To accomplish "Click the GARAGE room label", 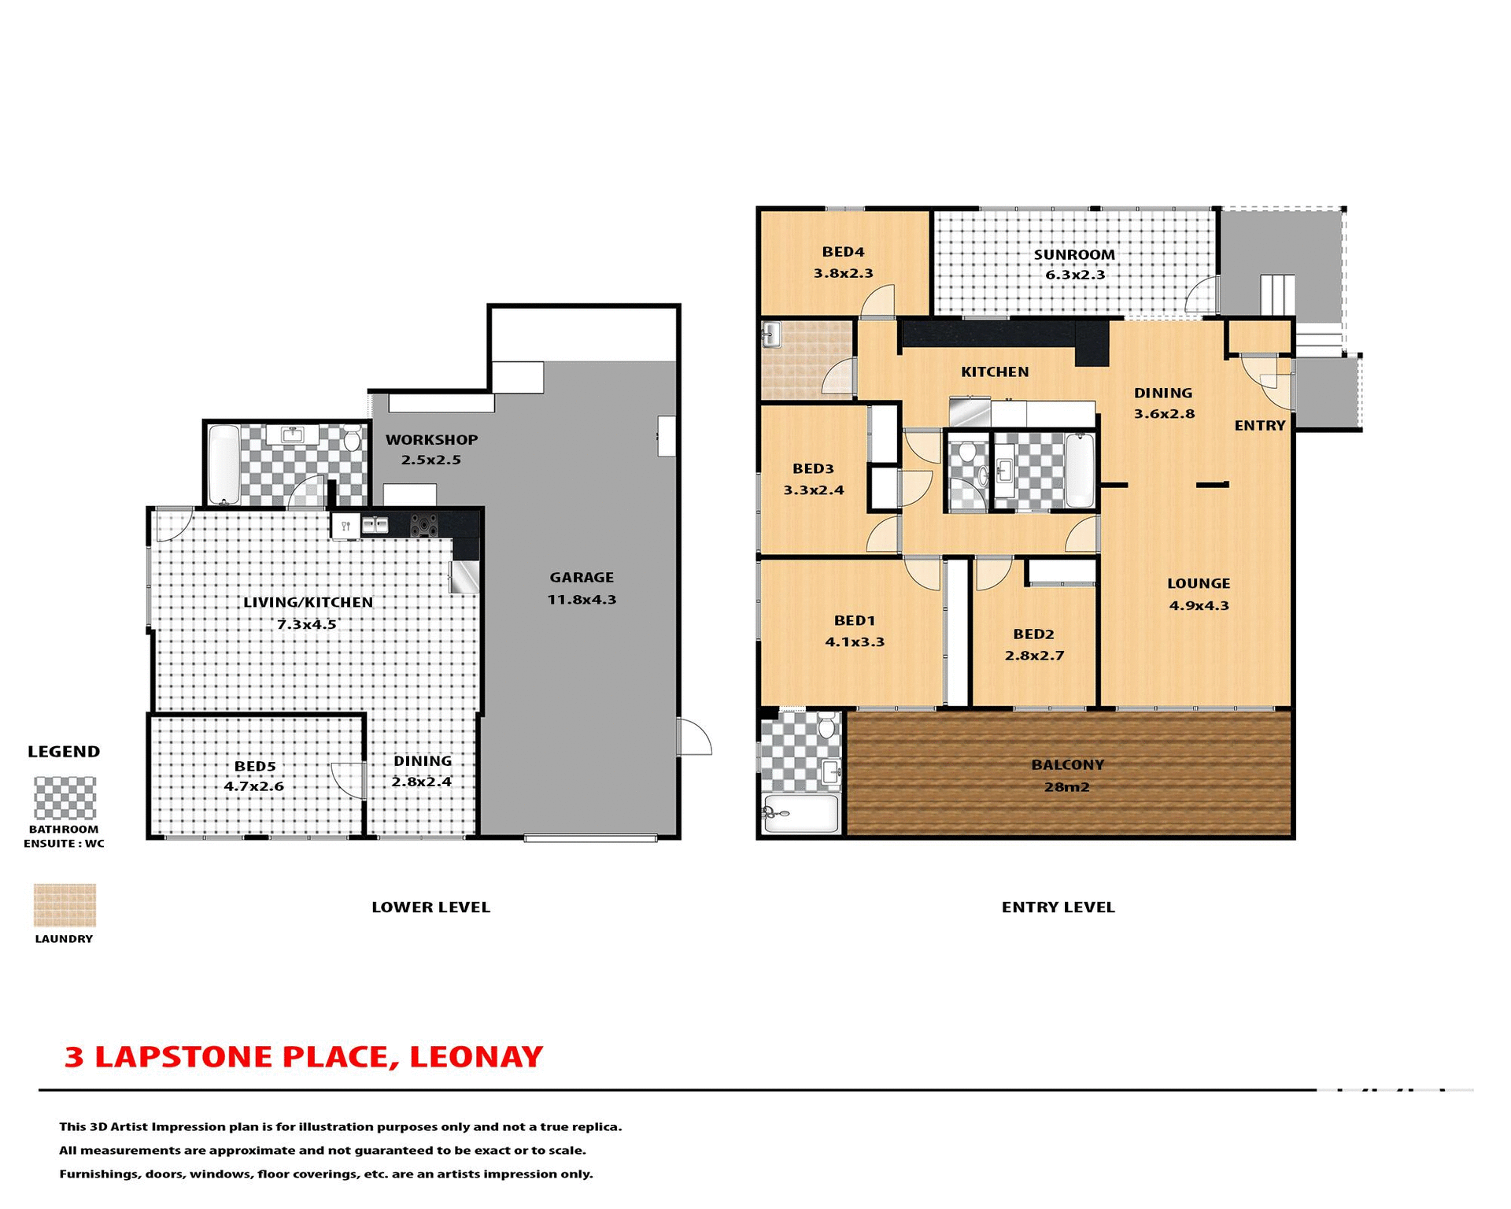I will click(582, 578).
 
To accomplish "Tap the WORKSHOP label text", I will click(431, 440).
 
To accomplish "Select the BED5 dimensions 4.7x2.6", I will click(253, 786).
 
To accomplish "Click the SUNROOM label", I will click(1074, 255).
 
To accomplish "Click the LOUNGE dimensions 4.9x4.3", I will click(1199, 606).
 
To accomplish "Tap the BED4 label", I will click(843, 253).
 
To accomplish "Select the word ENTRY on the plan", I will click(1259, 426).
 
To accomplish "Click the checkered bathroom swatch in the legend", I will click(65, 798).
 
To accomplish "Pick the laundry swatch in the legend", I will click(65, 904).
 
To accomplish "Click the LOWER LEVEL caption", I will click(430, 908).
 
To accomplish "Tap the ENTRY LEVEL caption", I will click(1058, 908).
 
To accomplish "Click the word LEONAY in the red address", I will click(475, 1057).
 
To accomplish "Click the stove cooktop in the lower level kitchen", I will click(424, 525).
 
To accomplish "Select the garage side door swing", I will click(694, 738).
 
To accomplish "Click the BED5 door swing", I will click(347, 780).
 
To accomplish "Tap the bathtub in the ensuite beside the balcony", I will click(800, 813).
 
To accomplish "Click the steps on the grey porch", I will click(1277, 295).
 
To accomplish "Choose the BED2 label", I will click(1033, 634).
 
